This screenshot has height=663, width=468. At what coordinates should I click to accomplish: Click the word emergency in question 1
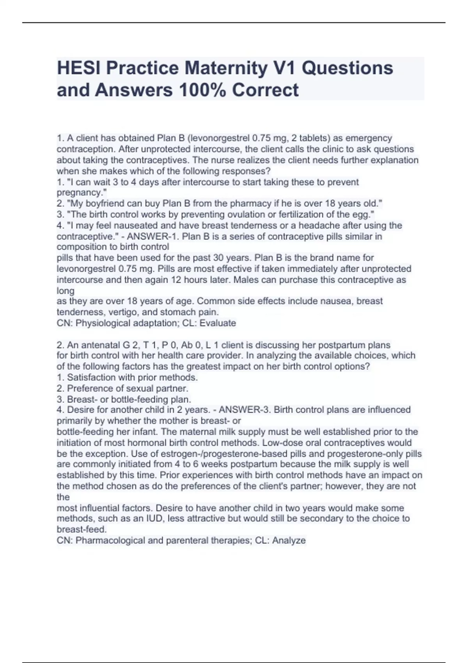tap(369, 138)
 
